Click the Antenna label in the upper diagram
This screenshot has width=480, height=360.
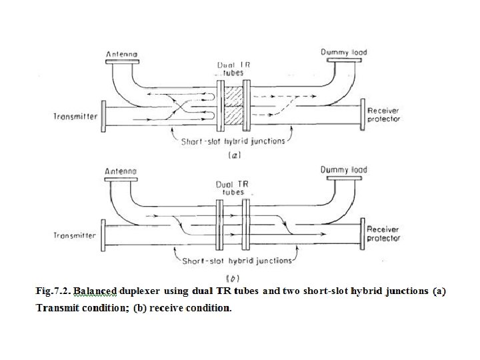coord(122,53)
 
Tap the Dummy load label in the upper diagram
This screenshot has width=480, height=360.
coord(344,52)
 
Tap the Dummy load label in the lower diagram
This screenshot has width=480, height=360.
coord(344,170)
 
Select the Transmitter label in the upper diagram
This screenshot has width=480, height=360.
coord(75,117)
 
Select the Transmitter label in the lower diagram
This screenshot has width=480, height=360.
coord(75,235)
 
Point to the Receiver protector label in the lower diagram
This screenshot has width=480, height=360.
coord(384,233)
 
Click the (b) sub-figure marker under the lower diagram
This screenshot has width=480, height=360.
coord(233,277)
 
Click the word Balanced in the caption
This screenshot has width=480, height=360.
coord(95,291)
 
